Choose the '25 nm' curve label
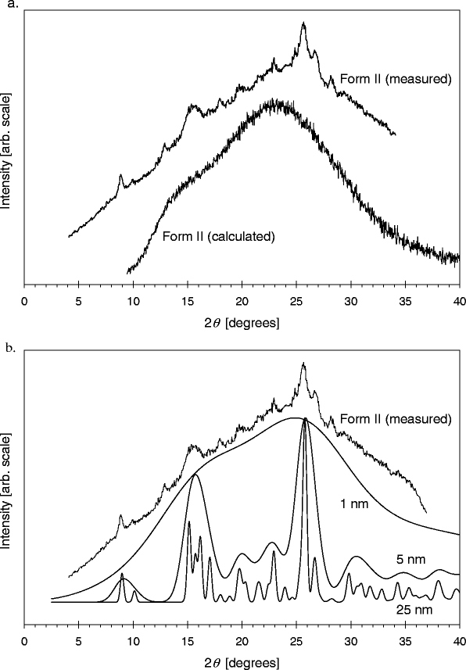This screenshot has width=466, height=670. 407,607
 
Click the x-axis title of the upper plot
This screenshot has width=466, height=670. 242,322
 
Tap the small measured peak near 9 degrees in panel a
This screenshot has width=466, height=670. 120,176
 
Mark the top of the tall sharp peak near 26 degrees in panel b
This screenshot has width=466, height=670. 304,420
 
